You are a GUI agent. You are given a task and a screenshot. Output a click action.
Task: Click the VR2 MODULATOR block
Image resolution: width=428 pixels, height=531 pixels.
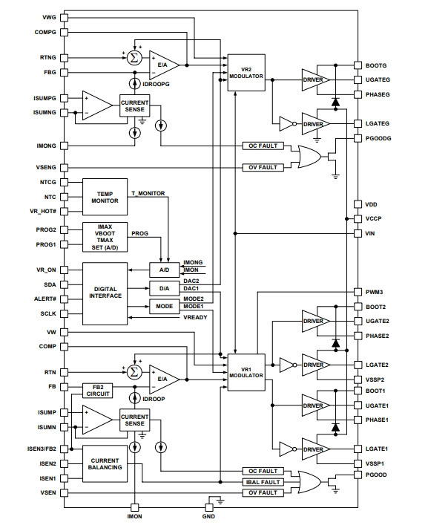point(246,73)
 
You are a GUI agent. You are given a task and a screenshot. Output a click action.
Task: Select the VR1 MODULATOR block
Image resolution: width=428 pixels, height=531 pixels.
point(246,372)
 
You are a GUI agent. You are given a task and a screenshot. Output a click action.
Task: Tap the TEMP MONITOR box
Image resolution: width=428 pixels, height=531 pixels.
point(105,197)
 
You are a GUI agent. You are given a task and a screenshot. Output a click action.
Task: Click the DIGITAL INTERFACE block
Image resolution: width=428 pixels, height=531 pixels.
point(105,293)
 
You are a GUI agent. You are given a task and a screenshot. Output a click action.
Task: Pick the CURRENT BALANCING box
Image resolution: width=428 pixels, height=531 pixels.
point(105,463)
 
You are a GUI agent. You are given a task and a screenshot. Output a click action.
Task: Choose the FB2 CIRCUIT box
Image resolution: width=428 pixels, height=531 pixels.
point(98,391)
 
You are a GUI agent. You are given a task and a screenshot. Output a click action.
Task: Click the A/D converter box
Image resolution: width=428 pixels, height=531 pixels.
point(165,270)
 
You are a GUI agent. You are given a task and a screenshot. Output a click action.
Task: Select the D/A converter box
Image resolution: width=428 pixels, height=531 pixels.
point(165,289)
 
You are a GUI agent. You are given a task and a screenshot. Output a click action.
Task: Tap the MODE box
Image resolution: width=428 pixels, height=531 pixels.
point(165,306)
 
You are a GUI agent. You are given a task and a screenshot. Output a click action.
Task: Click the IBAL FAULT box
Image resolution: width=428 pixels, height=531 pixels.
point(263,482)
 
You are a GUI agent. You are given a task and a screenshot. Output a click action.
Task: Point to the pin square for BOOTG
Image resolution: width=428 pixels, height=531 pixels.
point(358,65)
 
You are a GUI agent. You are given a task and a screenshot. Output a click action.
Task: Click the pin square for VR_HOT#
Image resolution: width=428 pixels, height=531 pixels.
point(64,212)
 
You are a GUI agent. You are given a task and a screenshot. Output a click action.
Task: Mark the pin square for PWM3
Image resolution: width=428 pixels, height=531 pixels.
point(358,292)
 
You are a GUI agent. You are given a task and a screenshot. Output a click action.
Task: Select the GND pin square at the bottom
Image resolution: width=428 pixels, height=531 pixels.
point(209,507)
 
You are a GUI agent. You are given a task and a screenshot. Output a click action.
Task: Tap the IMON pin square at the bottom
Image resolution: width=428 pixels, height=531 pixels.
point(135,507)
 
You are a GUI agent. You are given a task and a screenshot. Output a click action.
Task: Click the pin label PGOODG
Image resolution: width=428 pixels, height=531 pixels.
point(378,138)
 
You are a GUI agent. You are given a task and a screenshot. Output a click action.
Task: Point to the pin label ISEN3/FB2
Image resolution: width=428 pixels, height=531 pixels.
point(42,449)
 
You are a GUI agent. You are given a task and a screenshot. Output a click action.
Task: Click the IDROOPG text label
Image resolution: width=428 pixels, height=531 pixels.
point(156,84)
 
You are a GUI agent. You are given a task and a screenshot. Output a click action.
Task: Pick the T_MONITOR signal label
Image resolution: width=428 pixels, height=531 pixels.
point(148,193)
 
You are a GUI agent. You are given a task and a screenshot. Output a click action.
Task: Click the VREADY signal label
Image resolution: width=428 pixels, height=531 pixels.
point(195,317)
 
